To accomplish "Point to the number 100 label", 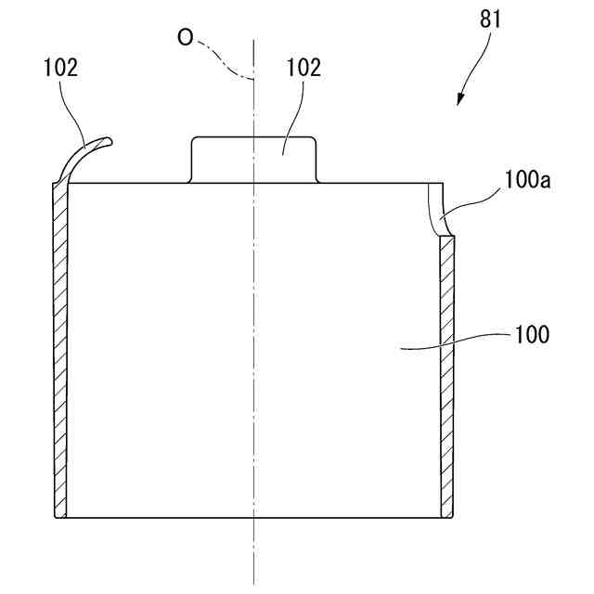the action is (532, 334).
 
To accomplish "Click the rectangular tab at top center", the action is (253, 159).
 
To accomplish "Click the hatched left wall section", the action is (60, 353).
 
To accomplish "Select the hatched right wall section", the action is (446, 371).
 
